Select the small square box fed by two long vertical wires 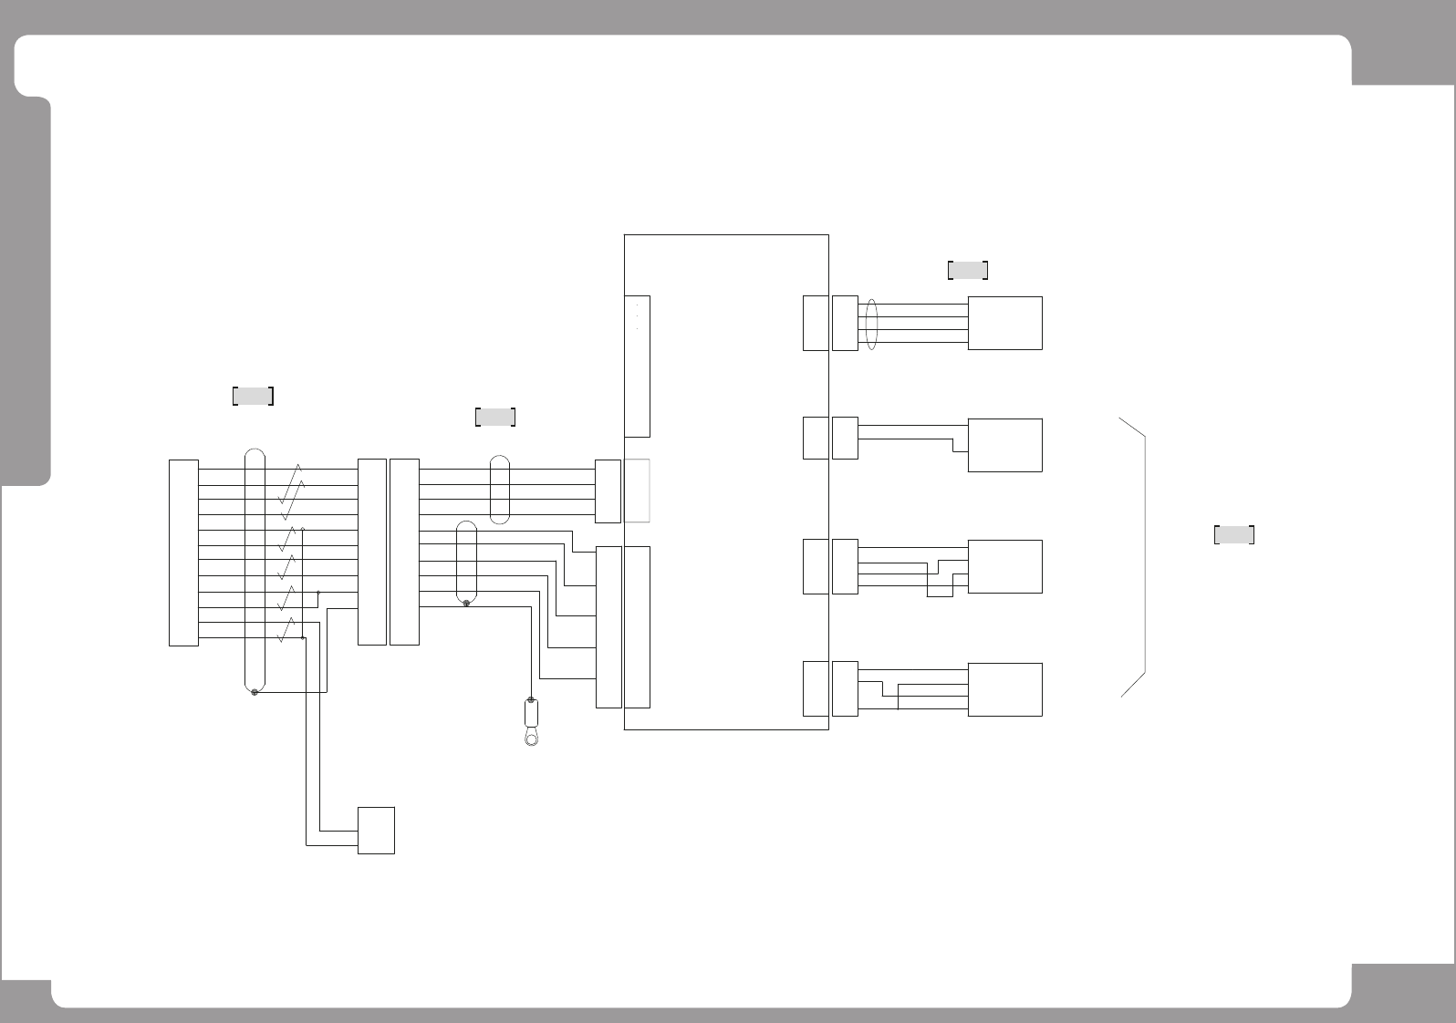[376, 830]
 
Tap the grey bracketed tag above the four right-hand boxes [968, 270]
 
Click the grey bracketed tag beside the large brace [1233, 535]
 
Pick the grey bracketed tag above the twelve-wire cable [254, 396]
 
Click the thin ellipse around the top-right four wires [870, 324]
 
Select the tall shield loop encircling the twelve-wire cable [255, 570]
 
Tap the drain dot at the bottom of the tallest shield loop [255, 693]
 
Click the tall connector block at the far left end [183, 553]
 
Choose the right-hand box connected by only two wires [1004, 445]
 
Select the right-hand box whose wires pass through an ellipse [1004, 323]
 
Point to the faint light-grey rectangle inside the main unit [637, 491]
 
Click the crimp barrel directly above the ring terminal [531, 710]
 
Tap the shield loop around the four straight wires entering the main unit [499, 490]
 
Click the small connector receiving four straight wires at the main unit [608, 491]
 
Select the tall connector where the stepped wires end [608, 626]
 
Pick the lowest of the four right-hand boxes [1004, 689]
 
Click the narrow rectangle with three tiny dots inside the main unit [637, 366]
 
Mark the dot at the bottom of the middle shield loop [466, 604]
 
